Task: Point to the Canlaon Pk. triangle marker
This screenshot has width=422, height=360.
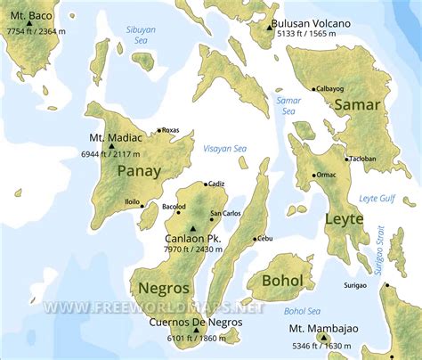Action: [x=192, y=229]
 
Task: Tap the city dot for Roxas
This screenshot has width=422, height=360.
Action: [x=159, y=131]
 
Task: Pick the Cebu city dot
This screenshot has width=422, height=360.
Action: [x=255, y=238]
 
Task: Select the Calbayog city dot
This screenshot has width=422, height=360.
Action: [x=313, y=89]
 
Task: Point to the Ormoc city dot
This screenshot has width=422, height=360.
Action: [x=312, y=175]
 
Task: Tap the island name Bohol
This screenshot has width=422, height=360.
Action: [x=282, y=282]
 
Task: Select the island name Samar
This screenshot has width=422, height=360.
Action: [x=356, y=104]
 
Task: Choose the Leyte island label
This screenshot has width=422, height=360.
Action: [x=345, y=218]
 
